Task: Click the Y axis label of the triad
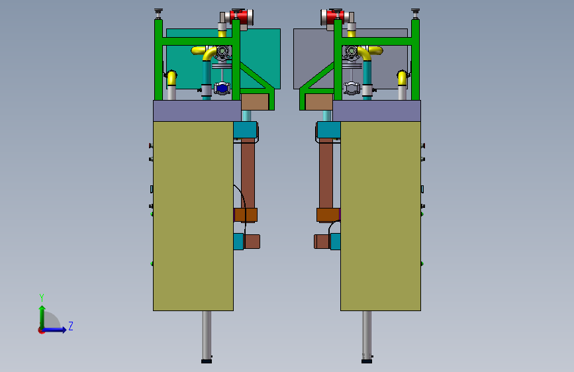pyautogui.click(x=42, y=297)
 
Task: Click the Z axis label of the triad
pyautogui.click(x=71, y=326)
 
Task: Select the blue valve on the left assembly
pyautogui.click(x=222, y=88)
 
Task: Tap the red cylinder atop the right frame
pyautogui.click(x=332, y=17)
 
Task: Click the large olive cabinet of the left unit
pyautogui.click(x=193, y=216)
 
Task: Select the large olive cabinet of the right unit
pyautogui.click(x=381, y=216)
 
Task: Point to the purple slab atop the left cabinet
pyautogui.click(x=197, y=111)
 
